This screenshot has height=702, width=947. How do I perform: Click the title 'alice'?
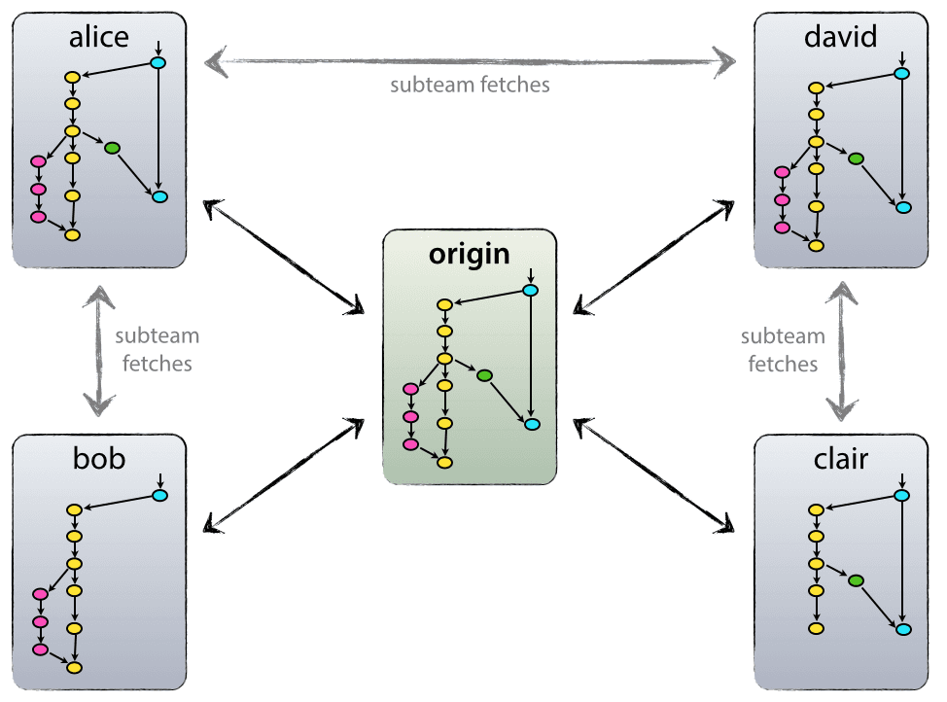pyautogui.click(x=99, y=37)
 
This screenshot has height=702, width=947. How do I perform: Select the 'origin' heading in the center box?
pyautogui.click(x=470, y=254)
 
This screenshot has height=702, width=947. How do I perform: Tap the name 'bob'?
pyautogui.click(x=99, y=459)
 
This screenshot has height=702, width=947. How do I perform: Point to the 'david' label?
pyautogui.click(x=841, y=37)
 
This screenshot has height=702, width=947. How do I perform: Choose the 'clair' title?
pyautogui.click(x=841, y=459)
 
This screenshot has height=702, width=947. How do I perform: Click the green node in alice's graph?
pyautogui.click(x=111, y=148)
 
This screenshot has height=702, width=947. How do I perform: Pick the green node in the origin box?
pyautogui.click(x=484, y=375)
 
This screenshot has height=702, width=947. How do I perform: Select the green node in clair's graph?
pyautogui.click(x=856, y=580)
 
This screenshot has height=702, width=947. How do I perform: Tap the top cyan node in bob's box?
pyautogui.click(x=160, y=496)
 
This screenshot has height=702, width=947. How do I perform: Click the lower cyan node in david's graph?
pyautogui.click(x=903, y=208)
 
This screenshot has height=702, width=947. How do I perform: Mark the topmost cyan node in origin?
pyautogui.click(x=531, y=290)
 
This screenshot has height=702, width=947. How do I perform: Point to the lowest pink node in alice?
pyautogui.click(x=39, y=217)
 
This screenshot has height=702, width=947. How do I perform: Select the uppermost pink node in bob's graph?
pyautogui.click(x=40, y=594)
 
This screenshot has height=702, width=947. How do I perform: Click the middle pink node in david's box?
pyautogui.click(x=782, y=199)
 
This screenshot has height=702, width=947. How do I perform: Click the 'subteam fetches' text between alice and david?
pyautogui.click(x=470, y=85)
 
